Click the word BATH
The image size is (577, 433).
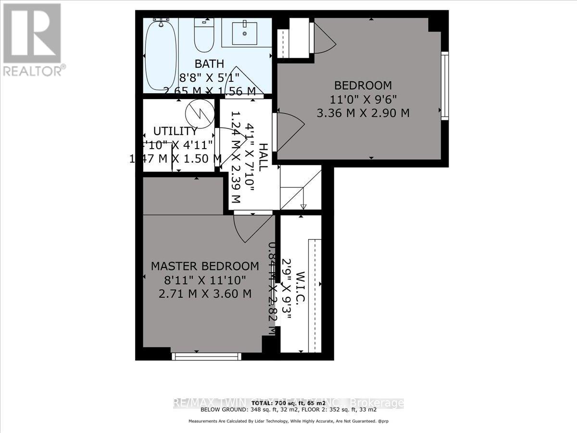[209, 64]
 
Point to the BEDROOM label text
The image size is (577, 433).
[363, 86]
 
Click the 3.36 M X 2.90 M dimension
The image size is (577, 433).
[363, 114]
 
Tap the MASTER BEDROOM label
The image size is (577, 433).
[205, 266]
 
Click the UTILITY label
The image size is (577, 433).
[175, 131]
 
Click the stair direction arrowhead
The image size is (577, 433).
[303, 207]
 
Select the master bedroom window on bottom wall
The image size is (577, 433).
[207, 356]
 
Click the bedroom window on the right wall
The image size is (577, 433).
[445, 85]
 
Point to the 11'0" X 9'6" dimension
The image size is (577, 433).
[363, 100]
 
